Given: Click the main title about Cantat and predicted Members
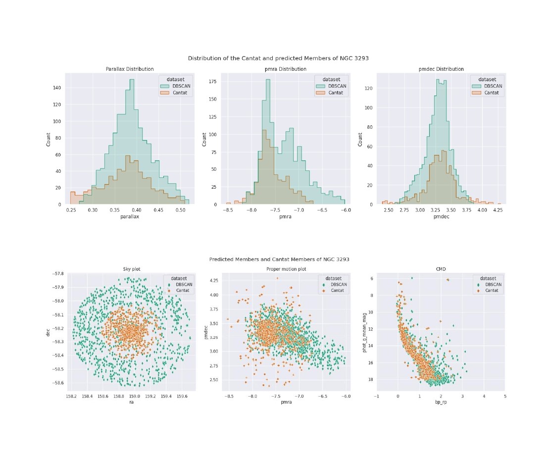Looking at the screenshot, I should pos(278,58).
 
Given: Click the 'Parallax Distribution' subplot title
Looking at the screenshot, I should pos(130,69).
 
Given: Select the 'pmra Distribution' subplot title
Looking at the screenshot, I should pos(285,69).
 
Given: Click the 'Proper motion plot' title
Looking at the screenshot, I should pos(285,269).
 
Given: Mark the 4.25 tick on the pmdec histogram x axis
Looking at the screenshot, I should pos(498,210).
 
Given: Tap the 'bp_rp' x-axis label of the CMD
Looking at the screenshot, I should pos(441,403).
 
